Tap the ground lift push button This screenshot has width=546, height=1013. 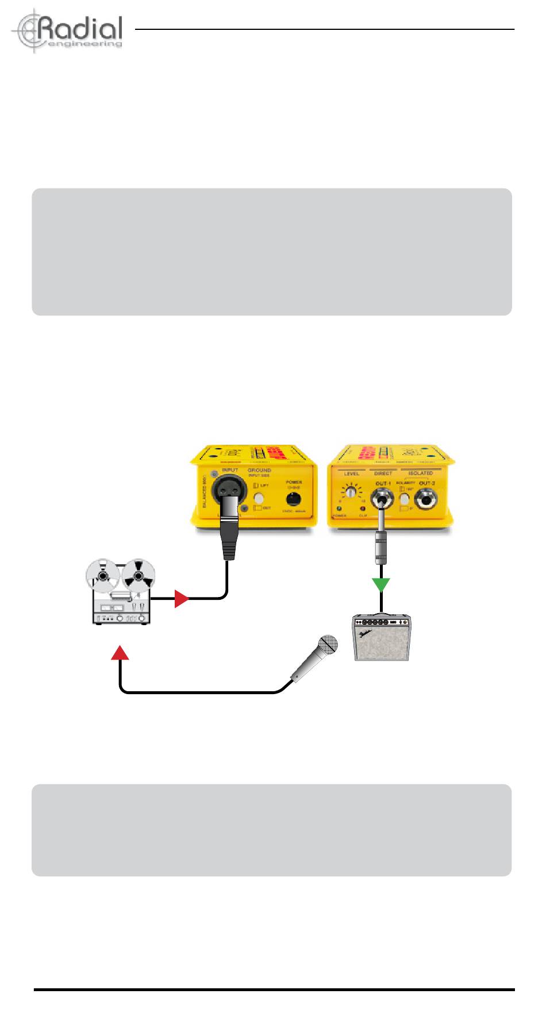(260, 498)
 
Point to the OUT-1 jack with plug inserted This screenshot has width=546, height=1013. (382, 498)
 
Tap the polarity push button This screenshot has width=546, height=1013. (405, 499)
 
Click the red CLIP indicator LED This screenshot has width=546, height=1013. (363, 509)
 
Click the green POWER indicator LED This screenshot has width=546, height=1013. (339, 509)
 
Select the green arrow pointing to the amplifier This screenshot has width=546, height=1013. (381, 585)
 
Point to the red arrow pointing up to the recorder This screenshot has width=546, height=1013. (120, 652)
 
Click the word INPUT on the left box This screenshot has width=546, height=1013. (229, 470)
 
